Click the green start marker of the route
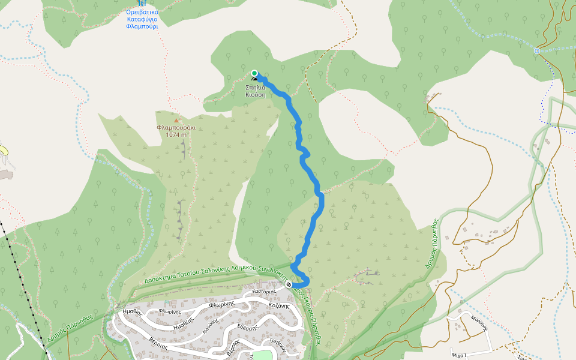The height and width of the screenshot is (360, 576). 254,73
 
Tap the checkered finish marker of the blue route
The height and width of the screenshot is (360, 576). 289,284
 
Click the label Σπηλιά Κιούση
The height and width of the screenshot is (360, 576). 255,91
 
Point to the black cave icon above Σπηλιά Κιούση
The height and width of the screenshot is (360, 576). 255,80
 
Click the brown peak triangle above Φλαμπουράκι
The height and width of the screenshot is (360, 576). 176,121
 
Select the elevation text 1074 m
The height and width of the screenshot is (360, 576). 176,135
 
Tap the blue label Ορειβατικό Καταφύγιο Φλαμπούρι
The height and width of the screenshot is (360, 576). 142,19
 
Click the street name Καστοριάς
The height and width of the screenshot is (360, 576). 263,291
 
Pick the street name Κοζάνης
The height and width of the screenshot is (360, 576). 280,305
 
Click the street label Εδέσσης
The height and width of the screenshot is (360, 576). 247,327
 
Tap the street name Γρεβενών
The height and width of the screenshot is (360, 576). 276,344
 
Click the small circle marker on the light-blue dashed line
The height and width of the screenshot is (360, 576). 536,51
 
